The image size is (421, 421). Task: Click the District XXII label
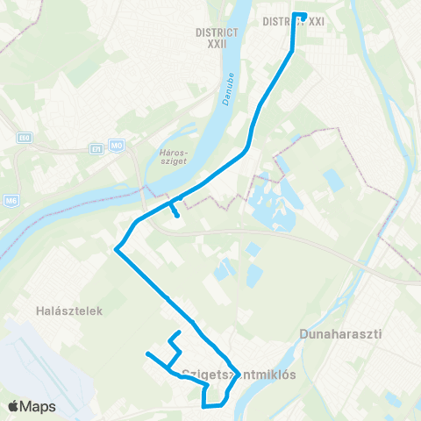pyautogui.click(x=212, y=36)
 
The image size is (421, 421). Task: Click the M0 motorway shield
pyautogui.click(x=118, y=145)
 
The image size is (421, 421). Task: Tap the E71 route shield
pyautogui.click(x=96, y=150)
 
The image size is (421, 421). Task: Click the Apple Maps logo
pyautogui.click(x=32, y=407)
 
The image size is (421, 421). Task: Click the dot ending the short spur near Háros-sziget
pyautogui.click(x=178, y=215)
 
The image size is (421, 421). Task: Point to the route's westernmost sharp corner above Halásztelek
pyautogui.click(x=116, y=248)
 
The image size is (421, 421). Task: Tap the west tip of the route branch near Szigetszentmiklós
pyautogui.click(x=147, y=353)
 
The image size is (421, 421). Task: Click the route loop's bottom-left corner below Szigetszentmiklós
pyautogui.click(x=203, y=406)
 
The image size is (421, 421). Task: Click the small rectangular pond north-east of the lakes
pyautogui.click(x=332, y=181)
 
